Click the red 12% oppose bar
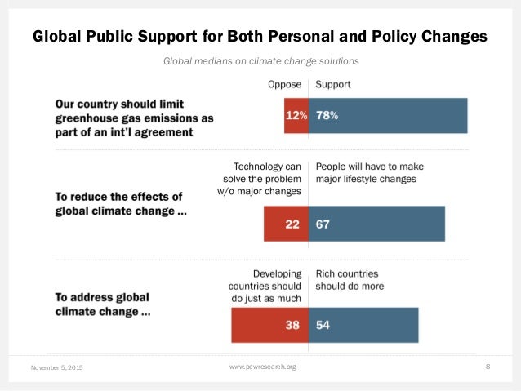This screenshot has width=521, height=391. (x=293, y=115)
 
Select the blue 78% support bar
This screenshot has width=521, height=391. (x=388, y=115)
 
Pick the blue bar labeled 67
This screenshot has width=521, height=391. (x=376, y=224)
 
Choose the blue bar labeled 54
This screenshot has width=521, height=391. (x=363, y=325)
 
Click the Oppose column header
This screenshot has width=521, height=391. (x=284, y=84)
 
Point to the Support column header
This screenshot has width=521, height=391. (x=333, y=84)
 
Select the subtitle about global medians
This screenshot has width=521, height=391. (x=260, y=61)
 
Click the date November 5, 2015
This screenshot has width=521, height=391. (x=58, y=368)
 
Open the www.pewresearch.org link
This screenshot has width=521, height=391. (x=262, y=367)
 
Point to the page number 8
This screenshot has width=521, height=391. (x=488, y=367)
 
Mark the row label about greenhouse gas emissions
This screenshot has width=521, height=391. (x=134, y=118)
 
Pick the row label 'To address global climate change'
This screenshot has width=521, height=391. (x=103, y=304)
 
